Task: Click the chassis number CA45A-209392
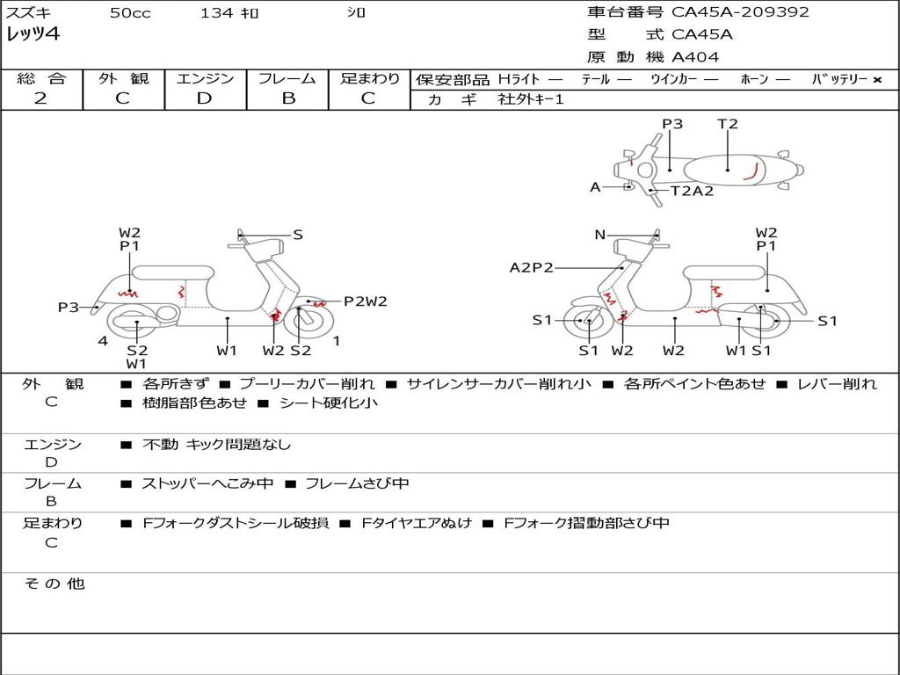740,12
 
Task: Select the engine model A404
695,57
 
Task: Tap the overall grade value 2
40,98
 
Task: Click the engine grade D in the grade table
204,98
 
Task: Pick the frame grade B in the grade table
287,98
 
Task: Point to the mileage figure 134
216,13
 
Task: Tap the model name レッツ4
33,35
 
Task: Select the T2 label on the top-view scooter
728,124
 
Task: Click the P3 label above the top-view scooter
672,124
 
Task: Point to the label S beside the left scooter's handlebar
298,235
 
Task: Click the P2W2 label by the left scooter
365,301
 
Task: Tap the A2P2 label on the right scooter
532,267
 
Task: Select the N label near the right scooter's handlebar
600,235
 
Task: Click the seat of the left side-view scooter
172,272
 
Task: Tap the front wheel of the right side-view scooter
587,322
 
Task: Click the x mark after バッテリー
876,79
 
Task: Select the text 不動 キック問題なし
216,445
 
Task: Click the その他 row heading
54,584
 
